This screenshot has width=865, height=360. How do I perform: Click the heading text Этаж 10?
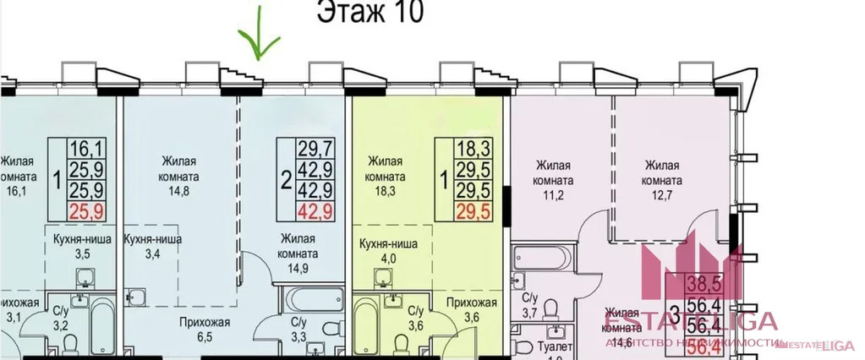click(x=370, y=13)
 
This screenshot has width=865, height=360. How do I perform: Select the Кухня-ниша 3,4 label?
click(x=152, y=246)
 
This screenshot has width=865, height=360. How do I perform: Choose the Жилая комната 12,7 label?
click(x=663, y=173)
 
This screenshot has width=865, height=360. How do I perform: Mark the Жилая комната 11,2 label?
click(x=555, y=173)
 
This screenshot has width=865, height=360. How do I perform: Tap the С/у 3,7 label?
click(x=530, y=306)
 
